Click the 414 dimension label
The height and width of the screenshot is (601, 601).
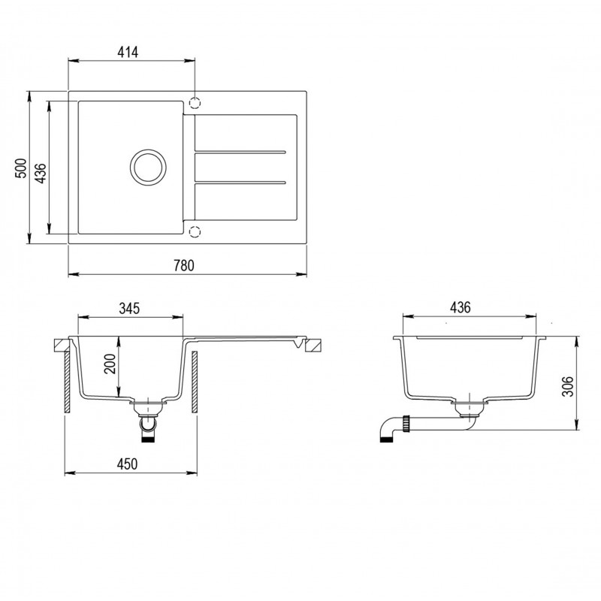click(128, 52)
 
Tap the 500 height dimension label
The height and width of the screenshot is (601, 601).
click(21, 168)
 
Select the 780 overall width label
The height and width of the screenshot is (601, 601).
click(184, 265)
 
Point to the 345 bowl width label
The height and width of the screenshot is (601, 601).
click(129, 308)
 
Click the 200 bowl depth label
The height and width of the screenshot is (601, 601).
click(110, 364)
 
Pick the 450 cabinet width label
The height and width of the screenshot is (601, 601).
click(127, 464)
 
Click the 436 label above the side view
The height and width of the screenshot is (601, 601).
click(460, 307)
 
